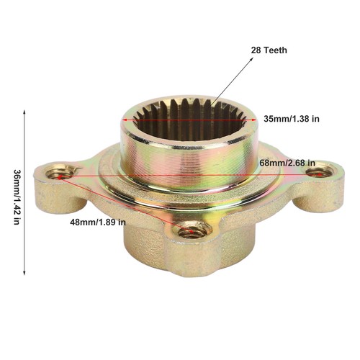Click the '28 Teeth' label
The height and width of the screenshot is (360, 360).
coord(269,50)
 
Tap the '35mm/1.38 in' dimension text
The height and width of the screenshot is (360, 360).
coord(292,119)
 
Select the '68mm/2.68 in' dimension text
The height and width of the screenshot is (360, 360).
coord(287,163)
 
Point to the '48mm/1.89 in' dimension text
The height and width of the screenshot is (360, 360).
coord(98,222)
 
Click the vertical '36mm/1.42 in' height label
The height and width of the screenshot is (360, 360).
coord(17,197)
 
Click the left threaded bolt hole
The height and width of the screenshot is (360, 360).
coord(60,174)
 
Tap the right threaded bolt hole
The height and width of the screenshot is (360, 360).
coord(320,172)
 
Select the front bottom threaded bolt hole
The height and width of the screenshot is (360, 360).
coord(193,231)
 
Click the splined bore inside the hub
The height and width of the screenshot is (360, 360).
coord(189,120)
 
